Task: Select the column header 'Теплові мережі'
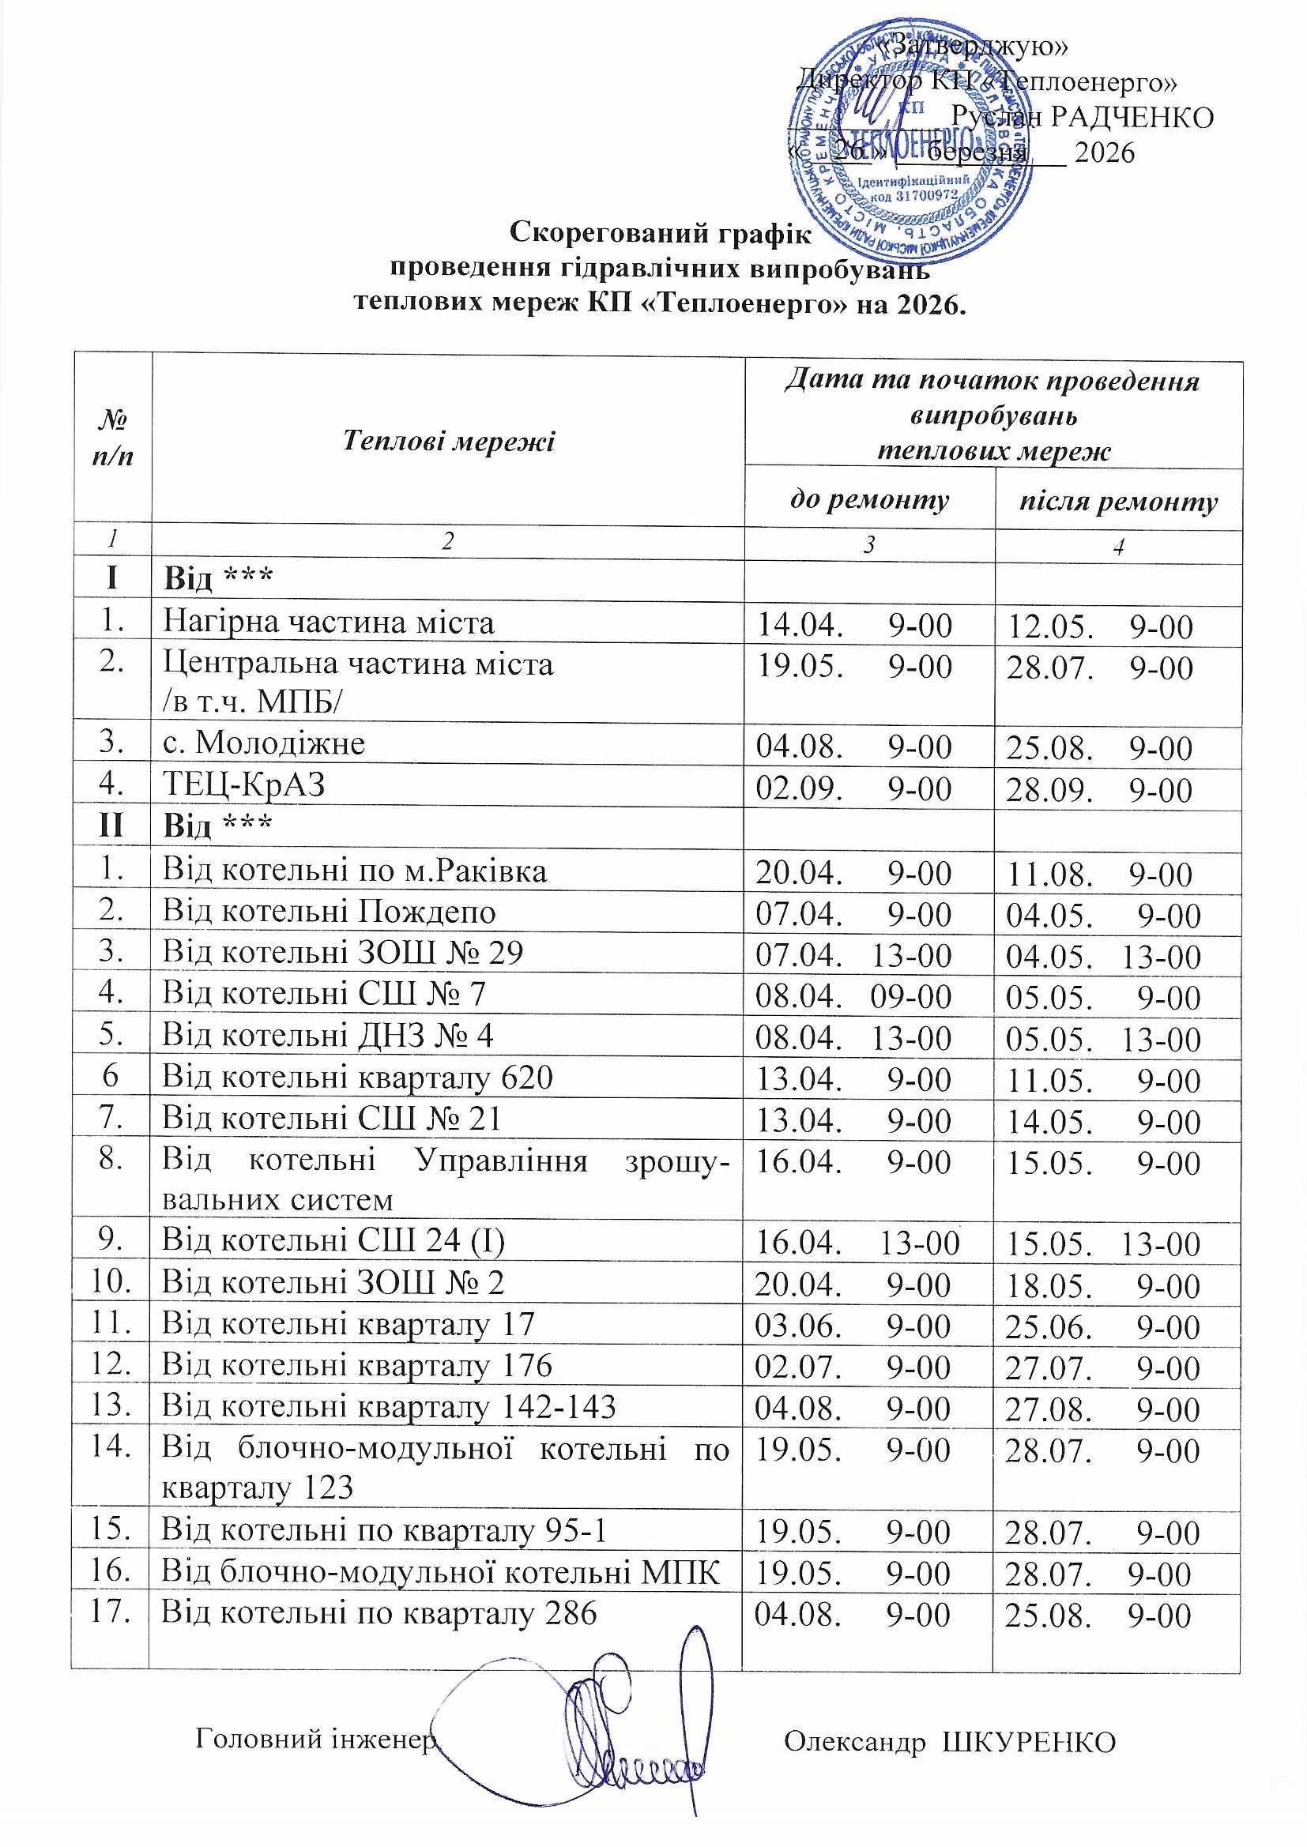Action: tap(448, 441)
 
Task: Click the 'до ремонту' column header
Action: tap(868, 499)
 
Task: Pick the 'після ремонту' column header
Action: tap(1118, 502)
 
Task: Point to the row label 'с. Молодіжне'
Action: tap(264, 742)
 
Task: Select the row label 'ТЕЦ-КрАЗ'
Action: tap(244, 784)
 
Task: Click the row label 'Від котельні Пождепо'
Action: tap(329, 912)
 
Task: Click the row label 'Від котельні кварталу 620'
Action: tap(357, 1076)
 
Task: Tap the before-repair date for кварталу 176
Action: tap(853, 1367)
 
